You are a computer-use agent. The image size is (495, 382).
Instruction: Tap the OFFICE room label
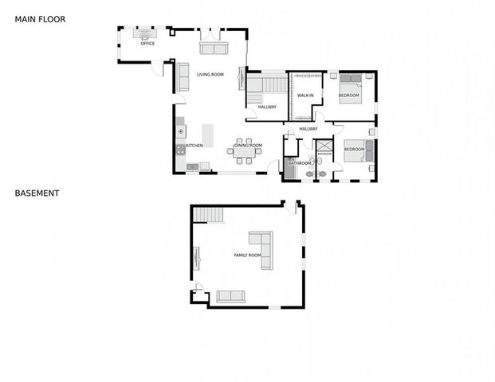click(x=147, y=44)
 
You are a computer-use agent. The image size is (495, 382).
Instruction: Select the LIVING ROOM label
click(x=210, y=75)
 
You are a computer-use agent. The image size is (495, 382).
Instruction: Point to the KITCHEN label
click(x=194, y=146)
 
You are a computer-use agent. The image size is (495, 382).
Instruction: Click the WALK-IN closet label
click(x=305, y=95)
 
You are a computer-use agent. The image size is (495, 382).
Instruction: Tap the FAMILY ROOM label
click(x=247, y=255)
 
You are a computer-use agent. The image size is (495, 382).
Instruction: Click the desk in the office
click(x=147, y=33)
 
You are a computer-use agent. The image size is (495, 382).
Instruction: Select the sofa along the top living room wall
click(x=213, y=49)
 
